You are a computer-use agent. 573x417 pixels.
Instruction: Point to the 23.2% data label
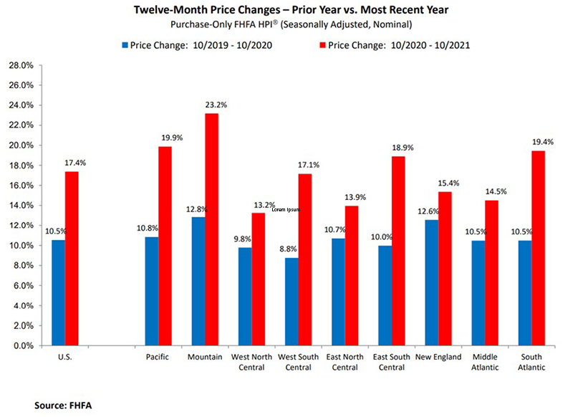[196, 105]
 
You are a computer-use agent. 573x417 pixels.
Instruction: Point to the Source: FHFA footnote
[63, 406]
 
